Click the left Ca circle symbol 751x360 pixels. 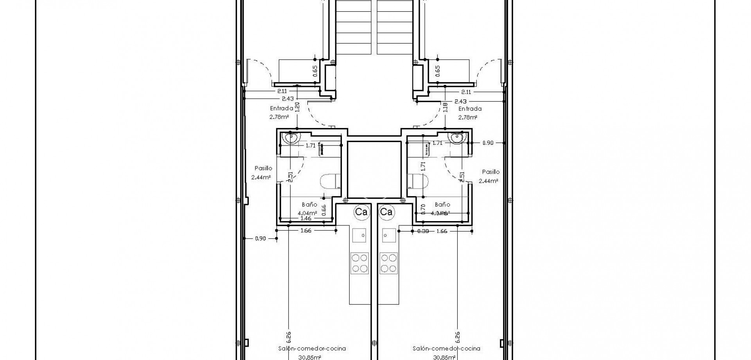coord(361,212)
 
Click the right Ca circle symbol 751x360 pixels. coord(386,212)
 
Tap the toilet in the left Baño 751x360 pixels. coord(330,183)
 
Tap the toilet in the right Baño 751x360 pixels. coord(418,182)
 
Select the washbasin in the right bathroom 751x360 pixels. coord(456,138)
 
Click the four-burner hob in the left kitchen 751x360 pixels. coord(359,263)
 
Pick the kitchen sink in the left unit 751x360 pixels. coord(359,236)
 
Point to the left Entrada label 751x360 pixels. coord(282,109)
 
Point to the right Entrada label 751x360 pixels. coord(470,109)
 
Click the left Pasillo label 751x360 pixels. coord(263,168)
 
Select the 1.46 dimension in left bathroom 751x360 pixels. coord(306,218)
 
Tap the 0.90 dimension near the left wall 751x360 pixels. coord(260,238)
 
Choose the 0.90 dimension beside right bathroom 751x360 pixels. coord(487,143)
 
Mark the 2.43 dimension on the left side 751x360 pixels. coord(287,99)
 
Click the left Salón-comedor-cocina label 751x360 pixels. coord(312,348)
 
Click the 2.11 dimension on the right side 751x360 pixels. coord(466,92)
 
